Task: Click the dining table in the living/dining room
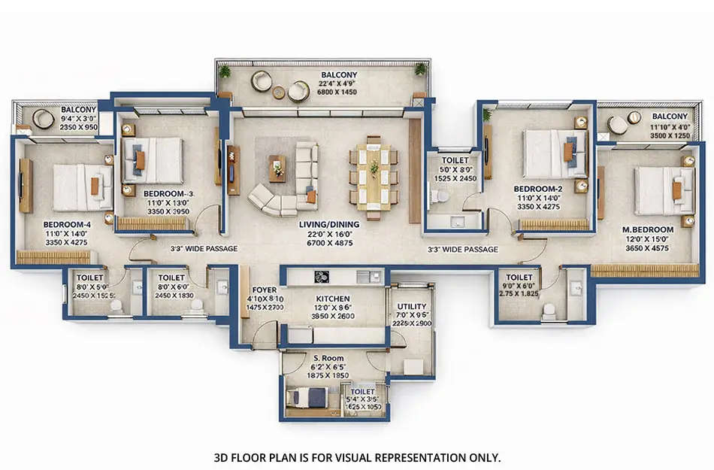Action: (373, 174)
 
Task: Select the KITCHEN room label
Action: (332, 299)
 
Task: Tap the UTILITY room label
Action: (412, 306)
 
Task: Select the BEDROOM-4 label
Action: (63, 224)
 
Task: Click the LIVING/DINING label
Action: (332, 224)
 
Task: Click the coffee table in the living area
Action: (277, 169)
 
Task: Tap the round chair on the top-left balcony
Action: (44, 119)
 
